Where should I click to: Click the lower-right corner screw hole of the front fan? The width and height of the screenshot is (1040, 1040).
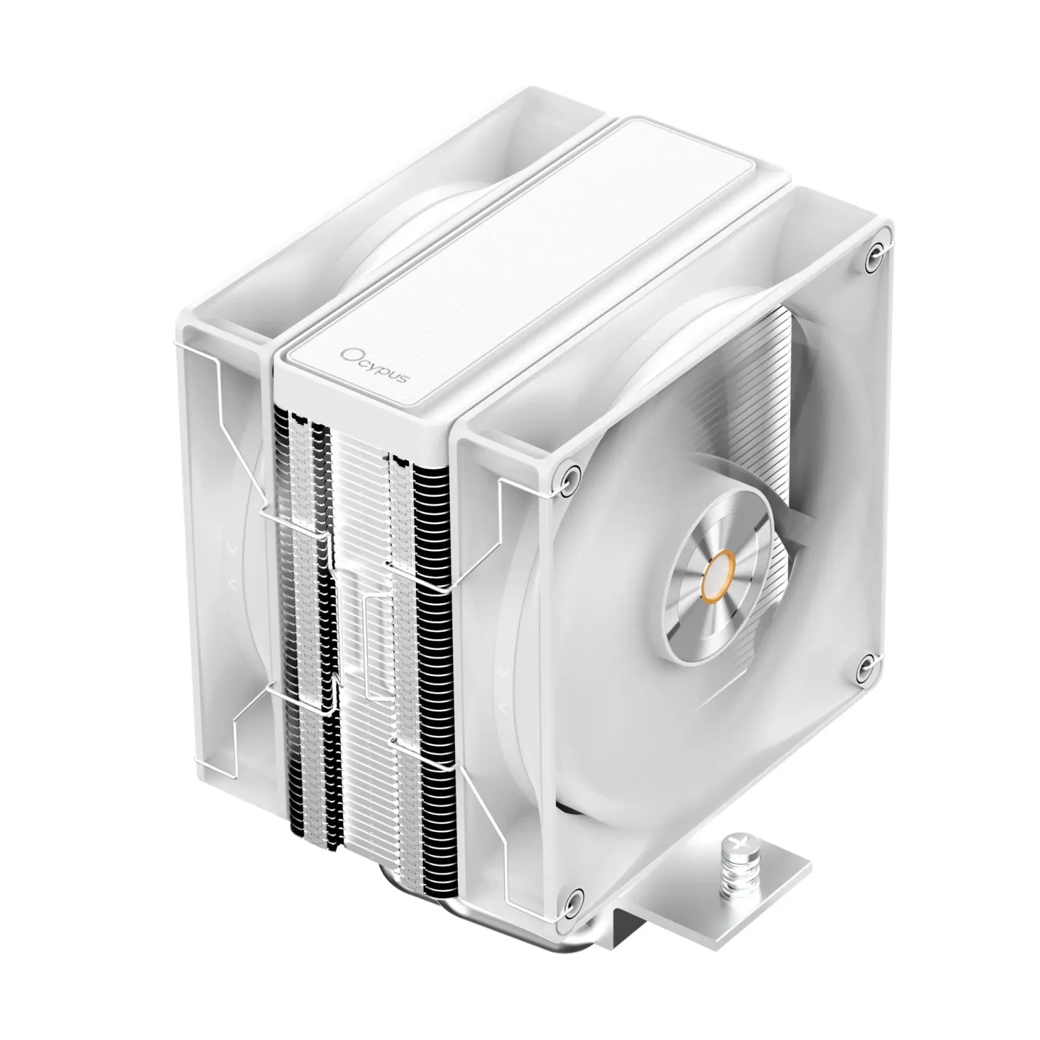point(864,664)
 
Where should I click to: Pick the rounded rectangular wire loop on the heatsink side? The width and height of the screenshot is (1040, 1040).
point(379,643)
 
